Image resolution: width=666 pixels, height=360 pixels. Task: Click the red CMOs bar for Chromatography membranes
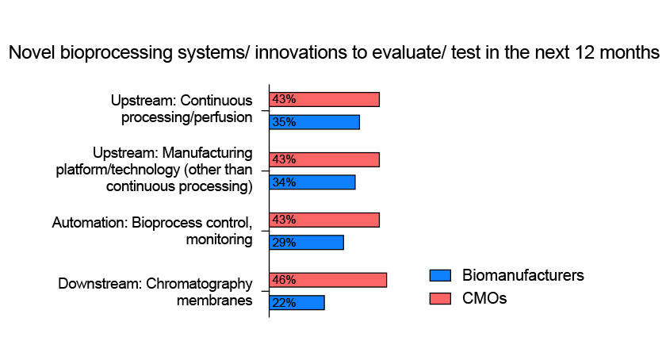(x=328, y=280)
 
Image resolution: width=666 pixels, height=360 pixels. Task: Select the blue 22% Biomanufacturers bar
(x=297, y=303)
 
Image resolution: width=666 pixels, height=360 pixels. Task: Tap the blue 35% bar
(x=314, y=122)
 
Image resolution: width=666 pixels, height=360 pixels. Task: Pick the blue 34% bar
(x=312, y=182)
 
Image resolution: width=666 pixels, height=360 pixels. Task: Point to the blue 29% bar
(x=306, y=243)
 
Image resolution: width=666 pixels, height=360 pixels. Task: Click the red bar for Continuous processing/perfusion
(x=324, y=99)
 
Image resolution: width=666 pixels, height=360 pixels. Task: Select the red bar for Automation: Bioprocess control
(x=324, y=220)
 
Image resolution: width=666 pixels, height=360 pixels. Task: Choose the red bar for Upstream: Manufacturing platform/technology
(x=324, y=160)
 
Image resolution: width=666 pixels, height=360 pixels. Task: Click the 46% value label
(x=284, y=280)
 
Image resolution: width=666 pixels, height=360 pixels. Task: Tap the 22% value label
(x=284, y=303)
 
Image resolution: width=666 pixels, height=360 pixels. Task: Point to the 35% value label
(x=284, y=122)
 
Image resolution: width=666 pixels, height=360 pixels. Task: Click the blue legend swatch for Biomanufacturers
(x=440, y=275)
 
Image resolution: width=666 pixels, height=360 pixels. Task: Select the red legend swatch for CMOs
(x=440, y=298)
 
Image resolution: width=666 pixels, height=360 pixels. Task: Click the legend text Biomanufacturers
(x=522, y=275)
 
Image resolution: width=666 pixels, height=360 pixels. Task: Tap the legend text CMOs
(x=484, y=298)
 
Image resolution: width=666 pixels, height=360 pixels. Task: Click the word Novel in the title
(x=32, y=52)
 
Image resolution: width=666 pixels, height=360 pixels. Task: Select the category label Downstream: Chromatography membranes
(x=155, y=292)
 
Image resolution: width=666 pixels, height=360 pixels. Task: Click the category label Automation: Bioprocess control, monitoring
(x=152, y=231)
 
